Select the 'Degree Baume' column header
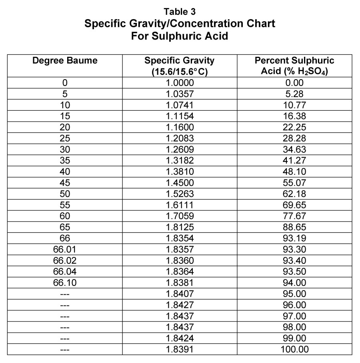[65, 61]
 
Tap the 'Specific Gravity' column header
[179, 61]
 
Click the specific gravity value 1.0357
[180, 95]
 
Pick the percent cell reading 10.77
[294, 106]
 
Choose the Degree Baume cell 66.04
[65, 272]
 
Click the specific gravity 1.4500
[180, 183]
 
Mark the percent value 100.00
[294, 349]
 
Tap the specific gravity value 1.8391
[180, 349]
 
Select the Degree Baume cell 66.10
[65, 283]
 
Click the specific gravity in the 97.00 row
[180, 316]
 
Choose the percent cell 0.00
[294, 83]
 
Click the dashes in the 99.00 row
[65, 338]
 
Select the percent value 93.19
[294, 239]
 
